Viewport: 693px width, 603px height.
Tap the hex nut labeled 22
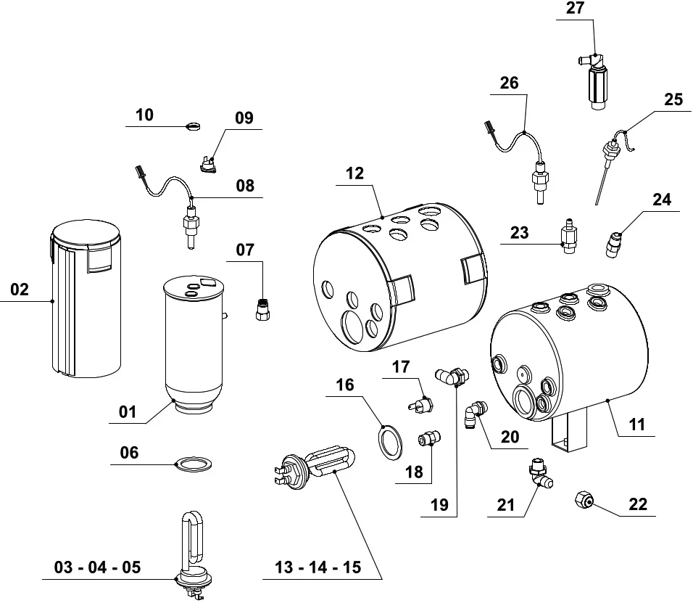tap(581, 499)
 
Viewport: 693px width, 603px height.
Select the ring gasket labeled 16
tap(391, 442)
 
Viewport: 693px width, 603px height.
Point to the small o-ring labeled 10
tap(193, 126)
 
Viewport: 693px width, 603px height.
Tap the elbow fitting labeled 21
tap(539, 472)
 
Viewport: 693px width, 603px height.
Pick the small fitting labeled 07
tap(262, 310)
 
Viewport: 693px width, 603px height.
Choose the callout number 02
tap(20, 290)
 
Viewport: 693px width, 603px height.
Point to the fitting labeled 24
tap(613, 244)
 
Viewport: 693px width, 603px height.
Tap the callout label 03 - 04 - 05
tap(97, 567)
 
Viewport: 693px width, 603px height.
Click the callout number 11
tap(636, 424)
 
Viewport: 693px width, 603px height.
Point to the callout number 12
tap(355, 173)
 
